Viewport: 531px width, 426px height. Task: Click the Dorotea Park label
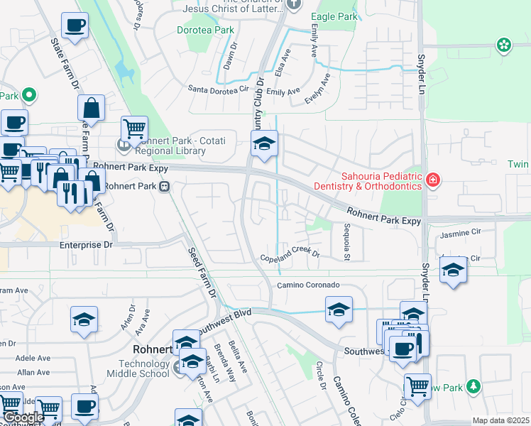[x=204, y=31]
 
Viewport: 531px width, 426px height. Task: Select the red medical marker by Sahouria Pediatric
[x=432, y=181]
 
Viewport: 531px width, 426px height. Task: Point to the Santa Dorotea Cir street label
[x=219, y=89]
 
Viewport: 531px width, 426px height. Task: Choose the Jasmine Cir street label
[x=461, y=232]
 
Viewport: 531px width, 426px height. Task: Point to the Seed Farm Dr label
[x=201, y=271]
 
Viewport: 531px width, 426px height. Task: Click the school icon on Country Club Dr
[x=264, y=145]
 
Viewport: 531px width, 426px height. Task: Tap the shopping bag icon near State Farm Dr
[x=92, y=109]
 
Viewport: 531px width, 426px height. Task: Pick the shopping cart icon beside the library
[x=134, y=129]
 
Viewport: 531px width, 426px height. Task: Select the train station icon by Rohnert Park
[x=164, y=187]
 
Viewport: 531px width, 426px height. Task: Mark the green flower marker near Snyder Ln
[x=504, y=45]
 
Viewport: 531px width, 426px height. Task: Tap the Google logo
[x=23, y=418]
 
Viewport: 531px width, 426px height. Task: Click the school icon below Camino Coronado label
[x=339, y=310]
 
